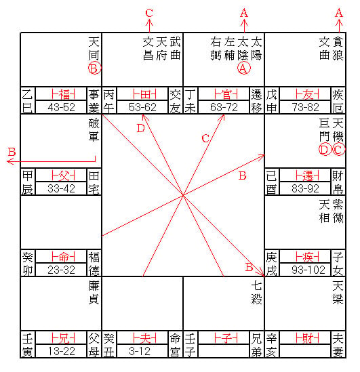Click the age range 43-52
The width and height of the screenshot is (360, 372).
[x=61, y=107]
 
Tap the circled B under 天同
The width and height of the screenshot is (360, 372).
[x=94, y=68]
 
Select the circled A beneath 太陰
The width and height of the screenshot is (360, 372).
[x=243, y=68]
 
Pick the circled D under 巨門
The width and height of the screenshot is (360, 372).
[x=325, y=150]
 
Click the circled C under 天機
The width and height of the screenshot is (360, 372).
[x=338, y=150]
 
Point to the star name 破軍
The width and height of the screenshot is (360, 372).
[x=94, y=130]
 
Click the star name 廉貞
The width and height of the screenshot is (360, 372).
[x=94, y=292]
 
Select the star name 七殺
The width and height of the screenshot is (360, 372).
[x=257, y=292]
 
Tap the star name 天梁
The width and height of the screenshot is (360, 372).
[x=338, y=292]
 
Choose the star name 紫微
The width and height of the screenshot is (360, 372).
[x=338, y=211]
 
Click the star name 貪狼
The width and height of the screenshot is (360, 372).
[x=338, y=49]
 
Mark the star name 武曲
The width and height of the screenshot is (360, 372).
[x=176, y=49]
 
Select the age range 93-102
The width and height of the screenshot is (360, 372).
[x=308, y=270]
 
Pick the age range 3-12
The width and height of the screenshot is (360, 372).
[x=140, y=351]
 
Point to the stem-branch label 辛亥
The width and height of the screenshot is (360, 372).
[x=271, y=345]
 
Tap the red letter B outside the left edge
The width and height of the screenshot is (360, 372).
[x=12, y=152]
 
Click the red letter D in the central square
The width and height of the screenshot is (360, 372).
[x=141, y=128]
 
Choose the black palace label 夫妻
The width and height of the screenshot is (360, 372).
[x=338, y=345]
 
